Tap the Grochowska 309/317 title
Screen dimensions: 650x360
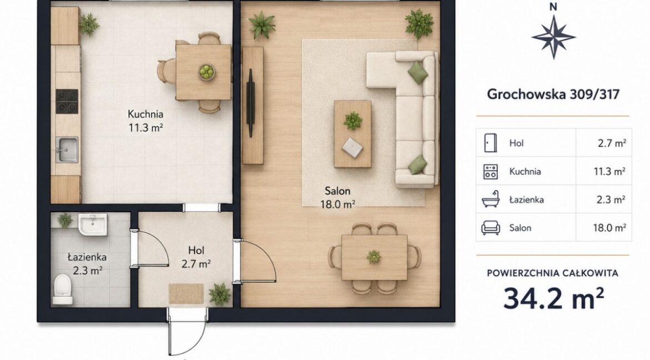pyautogui.click(x=553, y=94)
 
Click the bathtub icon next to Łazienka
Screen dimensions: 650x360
pyautogui.click(x=491, y=199)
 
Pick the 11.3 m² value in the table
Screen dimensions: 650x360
pyautogui.click(x=609, y=171)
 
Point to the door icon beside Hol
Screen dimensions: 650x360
pyautogui.click(x=491, y=143)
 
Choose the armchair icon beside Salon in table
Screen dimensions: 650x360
pyautogui.click(x=491, y=228)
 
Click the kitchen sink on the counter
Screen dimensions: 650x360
pyautogui.click(x=67, y=150)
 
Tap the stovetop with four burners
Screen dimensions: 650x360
pyautogui.click(x=67, y=101)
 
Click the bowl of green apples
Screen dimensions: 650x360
pyautogui.click(x=206, y=72)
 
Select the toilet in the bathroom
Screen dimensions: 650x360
pyautogui.click(x=63, y=289)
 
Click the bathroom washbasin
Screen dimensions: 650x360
pyautogui.click(x=93, y=224)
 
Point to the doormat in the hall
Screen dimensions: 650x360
pyautogui.click(x=186, y=294)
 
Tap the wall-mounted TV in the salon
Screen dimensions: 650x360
pyautogui.click(x=251, y=102)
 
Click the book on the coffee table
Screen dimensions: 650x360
pyautogui.click(x=352, y=147)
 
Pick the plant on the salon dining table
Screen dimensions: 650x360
pyautogui.click(x=374, y=257)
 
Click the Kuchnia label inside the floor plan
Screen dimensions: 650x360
pyautogui.click(x=146, y=114)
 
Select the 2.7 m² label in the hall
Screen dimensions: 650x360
pyautogui.click(x=196, y=263)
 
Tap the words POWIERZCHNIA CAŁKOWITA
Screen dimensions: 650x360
pyautogui.click(x=553, y=273)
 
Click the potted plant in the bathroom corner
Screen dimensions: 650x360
pyautogui.click(x=64, y=220)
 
